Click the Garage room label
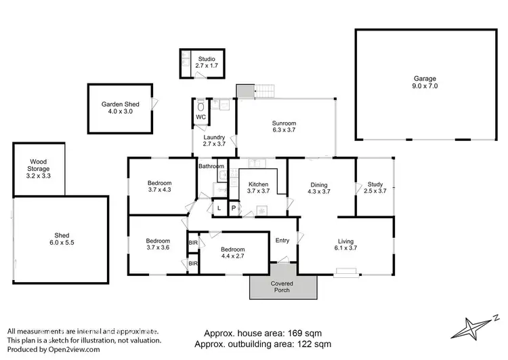[425, 82]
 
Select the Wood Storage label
[39, 164]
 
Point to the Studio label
[206, 62]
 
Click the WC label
[200, 117]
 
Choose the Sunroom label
[284, 127]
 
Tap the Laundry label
[214, 141]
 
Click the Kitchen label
[259, 188]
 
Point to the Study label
[375, 188]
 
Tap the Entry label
[282, 240]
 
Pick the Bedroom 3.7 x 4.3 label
[159, 187]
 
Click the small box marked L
[219, 208]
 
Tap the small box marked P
[234, 208]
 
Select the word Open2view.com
[75, 349]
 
